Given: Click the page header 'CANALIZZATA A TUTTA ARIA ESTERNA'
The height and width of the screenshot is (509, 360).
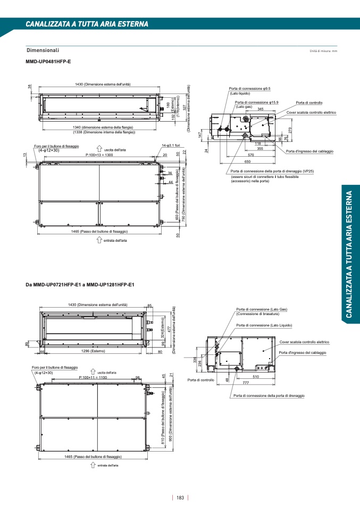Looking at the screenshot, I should point(87,24).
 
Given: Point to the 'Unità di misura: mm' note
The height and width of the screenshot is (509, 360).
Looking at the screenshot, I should point(323,51).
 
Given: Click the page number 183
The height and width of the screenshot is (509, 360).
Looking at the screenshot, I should point(180,498).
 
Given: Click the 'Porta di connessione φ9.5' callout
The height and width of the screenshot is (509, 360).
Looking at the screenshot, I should point(250,88).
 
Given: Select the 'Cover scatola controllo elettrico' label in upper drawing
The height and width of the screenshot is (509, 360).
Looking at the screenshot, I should point(311,113).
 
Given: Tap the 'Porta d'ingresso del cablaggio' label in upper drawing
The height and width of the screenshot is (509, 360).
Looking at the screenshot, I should point(309,151).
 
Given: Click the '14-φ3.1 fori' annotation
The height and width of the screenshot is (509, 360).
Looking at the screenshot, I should point(171,145).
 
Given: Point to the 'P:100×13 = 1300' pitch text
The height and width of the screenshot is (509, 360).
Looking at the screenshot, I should point(99,155).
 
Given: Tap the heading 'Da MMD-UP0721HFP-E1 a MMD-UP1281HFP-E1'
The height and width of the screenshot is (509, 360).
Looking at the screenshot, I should point(80,285).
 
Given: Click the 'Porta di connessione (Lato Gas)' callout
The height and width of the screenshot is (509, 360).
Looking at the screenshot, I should point(261,309).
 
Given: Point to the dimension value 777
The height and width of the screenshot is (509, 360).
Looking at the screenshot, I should point(246,383).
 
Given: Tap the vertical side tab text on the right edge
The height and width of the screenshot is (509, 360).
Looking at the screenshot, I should point(349,254).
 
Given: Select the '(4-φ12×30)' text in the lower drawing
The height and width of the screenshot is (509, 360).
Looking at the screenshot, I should point(43,372).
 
